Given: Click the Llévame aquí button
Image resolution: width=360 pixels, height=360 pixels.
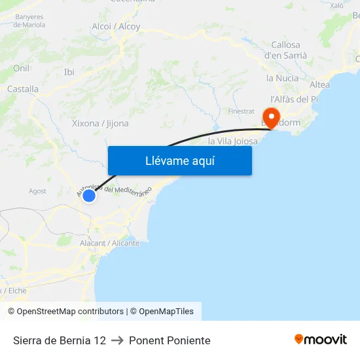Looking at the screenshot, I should pyautogui.click(x=179, y=160).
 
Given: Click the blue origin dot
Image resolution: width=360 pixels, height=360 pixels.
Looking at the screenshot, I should pyautogui.click(x=89, y=195).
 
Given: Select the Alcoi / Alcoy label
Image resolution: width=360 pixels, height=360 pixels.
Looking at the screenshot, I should pyautogui.click(x=116, y=27).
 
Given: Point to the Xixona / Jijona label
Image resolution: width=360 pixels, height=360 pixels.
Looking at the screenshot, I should pyautogui.click(x=100, y=123).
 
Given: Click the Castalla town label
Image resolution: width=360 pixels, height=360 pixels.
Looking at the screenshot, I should pyautogui.click(x=23, y=89).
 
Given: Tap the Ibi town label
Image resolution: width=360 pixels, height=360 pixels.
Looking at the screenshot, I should pyautogui.click(x=69, y=72).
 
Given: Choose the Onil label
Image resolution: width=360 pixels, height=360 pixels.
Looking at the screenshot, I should pyautogui.click(x=21, y=68).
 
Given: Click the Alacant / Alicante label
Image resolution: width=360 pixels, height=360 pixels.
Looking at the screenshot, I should pyautogui.click(x=109, y=243).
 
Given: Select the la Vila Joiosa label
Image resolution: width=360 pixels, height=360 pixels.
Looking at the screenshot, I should pyautogui.click(x=232, y=141).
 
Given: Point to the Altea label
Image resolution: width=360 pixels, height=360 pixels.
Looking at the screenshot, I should pyautogui.click(x=319, y=84).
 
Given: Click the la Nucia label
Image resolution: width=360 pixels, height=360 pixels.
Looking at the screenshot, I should pyautogui.click(x=282, y=78).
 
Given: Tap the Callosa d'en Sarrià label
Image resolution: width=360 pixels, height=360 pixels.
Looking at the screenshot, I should pyautogui.click(x=285, y=50).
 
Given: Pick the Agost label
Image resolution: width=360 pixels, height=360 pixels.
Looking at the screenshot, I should pyautogui.click(x=37, y=191).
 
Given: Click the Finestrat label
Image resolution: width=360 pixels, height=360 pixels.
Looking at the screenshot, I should pyautogui.click(x=241, y=111).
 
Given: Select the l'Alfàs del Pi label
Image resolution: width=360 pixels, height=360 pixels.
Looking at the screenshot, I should pyautogui.click(x=294, y=99).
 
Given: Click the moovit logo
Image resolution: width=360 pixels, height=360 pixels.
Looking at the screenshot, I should pyautogui.click(x=320, y=340).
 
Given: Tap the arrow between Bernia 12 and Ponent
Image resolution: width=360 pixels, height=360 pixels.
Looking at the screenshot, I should pyautogui.click(x=117, y=340).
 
